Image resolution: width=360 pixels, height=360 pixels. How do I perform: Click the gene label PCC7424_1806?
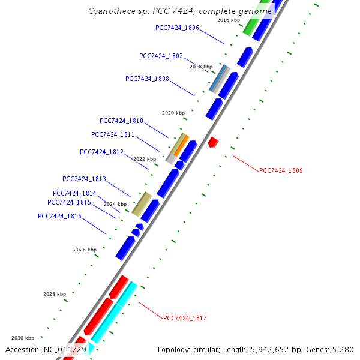tap(177, 28)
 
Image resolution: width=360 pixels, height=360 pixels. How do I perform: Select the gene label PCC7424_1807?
tap(161, 56)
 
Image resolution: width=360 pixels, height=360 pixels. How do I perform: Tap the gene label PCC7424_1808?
tap(147, 79)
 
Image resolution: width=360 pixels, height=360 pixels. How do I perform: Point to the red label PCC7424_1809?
tap(281, 170)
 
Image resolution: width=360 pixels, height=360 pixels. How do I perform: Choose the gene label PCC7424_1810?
tap(121, 121)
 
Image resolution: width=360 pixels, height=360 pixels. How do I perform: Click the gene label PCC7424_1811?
tap(113, 134)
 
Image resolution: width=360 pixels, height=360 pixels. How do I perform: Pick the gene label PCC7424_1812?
tap(101, 152)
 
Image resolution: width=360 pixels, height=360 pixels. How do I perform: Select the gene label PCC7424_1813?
tap(84, 179)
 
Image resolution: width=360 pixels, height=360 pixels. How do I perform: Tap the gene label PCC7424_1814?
tap(74, 193)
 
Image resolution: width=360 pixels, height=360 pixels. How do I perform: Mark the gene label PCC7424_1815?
tap(69, 202)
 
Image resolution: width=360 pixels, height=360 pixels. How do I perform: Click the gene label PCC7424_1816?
tap(59, 216)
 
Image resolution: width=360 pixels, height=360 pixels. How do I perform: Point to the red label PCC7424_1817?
tap(185, 317)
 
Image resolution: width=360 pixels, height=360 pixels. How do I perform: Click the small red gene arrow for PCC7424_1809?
tap(213, 142)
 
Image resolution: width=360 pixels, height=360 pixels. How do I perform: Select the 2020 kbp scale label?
tap(173, 113)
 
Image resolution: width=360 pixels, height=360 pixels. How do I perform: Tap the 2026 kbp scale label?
tap(85, 249)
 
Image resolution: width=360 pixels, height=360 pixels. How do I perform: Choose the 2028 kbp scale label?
tap(55, 294)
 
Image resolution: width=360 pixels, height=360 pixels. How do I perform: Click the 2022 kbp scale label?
tap(145, 159)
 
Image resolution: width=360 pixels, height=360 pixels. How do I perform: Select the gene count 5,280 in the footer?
tap(342, 349)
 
